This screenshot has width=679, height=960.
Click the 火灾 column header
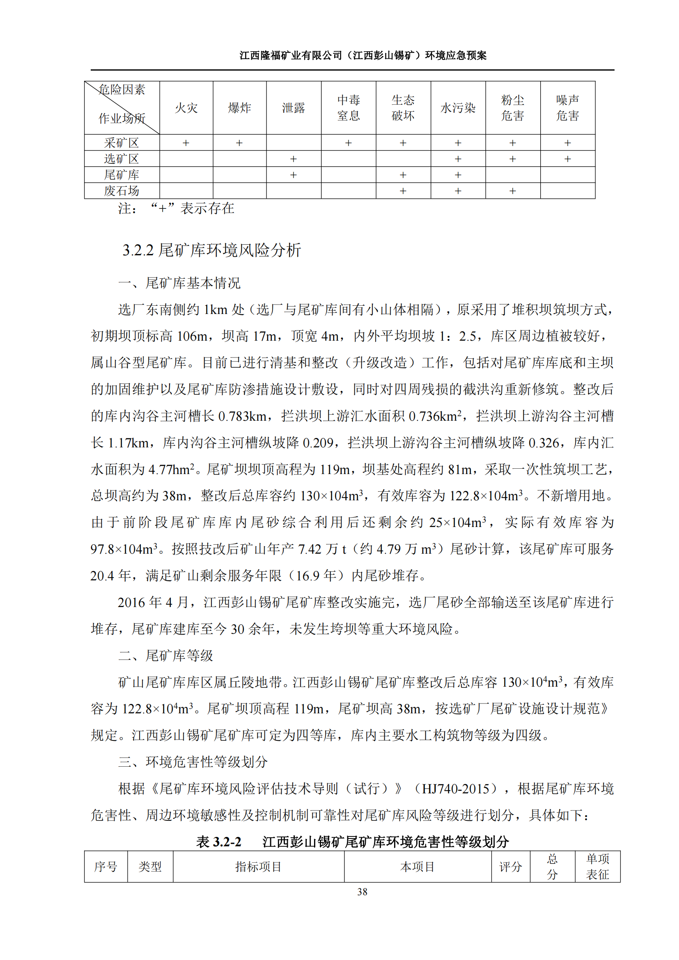(x=186, y=108)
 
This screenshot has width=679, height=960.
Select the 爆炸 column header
(x=240, y=108)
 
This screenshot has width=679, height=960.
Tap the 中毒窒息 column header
(x=348, y=108)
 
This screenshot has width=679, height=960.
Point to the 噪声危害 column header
(x=567, y=108)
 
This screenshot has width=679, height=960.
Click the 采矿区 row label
(x=122, y=143)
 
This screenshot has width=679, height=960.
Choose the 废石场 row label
(x=122, y=191)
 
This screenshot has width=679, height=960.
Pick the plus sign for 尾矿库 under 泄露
(x=294, y=175)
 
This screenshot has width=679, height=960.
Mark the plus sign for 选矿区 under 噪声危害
(x=567, y=159)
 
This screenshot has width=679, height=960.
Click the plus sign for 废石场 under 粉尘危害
(x=513, y=191)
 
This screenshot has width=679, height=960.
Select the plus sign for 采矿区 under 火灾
(x=186, y=143)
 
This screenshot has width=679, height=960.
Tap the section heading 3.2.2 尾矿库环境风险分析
(x=211, y=250)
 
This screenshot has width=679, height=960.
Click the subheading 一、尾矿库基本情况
(x=179, y=283)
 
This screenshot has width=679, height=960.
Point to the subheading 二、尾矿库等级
(x=165, y=655)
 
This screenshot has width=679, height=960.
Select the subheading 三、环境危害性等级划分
(x=193, y=761)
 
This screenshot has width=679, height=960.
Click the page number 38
(x=362, y=892)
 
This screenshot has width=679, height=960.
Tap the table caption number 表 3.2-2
(x=219, y=841)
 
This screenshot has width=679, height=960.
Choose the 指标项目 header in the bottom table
(x=258, y=866)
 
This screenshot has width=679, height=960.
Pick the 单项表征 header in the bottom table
(x=597, y=866)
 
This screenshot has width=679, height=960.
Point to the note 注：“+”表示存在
(x=176, y=208)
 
